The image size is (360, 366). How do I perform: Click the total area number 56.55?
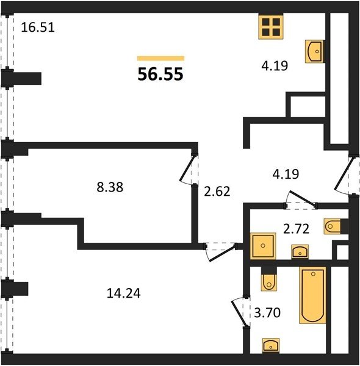[x=160, y=74]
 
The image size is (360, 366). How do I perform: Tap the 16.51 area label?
[x=38, y=27]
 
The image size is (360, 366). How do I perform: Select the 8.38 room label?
[x=110, y=187]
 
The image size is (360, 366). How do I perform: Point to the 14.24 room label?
[x=124, y=293]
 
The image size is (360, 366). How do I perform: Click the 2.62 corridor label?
[x=217, y=192]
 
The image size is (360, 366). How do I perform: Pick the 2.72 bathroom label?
[x=297, y=229]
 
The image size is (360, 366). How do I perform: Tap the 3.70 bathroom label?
[x=267, y=312]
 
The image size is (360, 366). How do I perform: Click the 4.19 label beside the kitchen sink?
[x=275, y=66]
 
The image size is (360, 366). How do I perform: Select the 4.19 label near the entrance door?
[x=286, y=174]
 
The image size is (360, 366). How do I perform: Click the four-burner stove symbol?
[x=271, y=27]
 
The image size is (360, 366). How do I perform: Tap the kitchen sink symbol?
[x=314, y=51]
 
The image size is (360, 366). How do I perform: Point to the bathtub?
[x=312, y=295]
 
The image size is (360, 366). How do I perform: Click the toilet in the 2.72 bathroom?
[x=333, y=226]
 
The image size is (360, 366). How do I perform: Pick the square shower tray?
[x=263, y=246]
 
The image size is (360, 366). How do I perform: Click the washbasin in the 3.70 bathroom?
[x=271, y=345]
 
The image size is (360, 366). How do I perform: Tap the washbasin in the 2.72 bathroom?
[x=300, y=251]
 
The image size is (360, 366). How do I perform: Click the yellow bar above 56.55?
[x=160, y=59]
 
